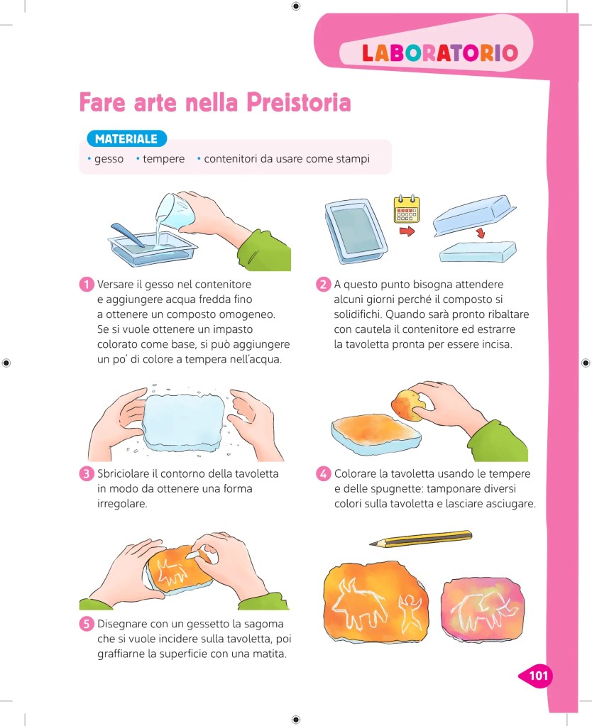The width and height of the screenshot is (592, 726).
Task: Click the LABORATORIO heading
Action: pos(439,53)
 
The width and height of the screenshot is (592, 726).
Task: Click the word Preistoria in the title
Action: pos(298,102)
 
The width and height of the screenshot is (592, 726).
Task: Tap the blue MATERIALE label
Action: pos(126,138)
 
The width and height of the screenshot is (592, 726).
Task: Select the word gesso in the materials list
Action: pos(109,159)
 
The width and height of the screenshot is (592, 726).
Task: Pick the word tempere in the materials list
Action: pos(163,159)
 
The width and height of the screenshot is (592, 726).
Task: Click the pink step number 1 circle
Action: pos(87,285)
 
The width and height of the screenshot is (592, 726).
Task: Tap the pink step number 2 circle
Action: pos(324,285)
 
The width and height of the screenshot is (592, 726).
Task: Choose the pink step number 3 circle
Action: pos(87,473)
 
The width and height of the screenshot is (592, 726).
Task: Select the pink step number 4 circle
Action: pos(324,473)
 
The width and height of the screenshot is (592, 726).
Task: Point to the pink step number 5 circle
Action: pos(87,624)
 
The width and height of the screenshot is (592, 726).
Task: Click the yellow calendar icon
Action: pos(407,209)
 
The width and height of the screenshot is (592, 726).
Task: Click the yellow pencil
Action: pos(421,539)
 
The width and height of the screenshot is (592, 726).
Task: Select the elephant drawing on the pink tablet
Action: pos(483,609)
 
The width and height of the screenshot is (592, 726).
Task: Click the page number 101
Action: pos(538,676)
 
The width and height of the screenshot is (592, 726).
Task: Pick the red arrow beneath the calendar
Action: pos(406,231)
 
